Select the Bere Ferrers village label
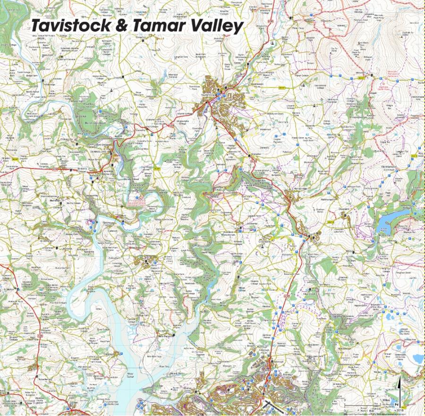(x=163, y=336)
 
